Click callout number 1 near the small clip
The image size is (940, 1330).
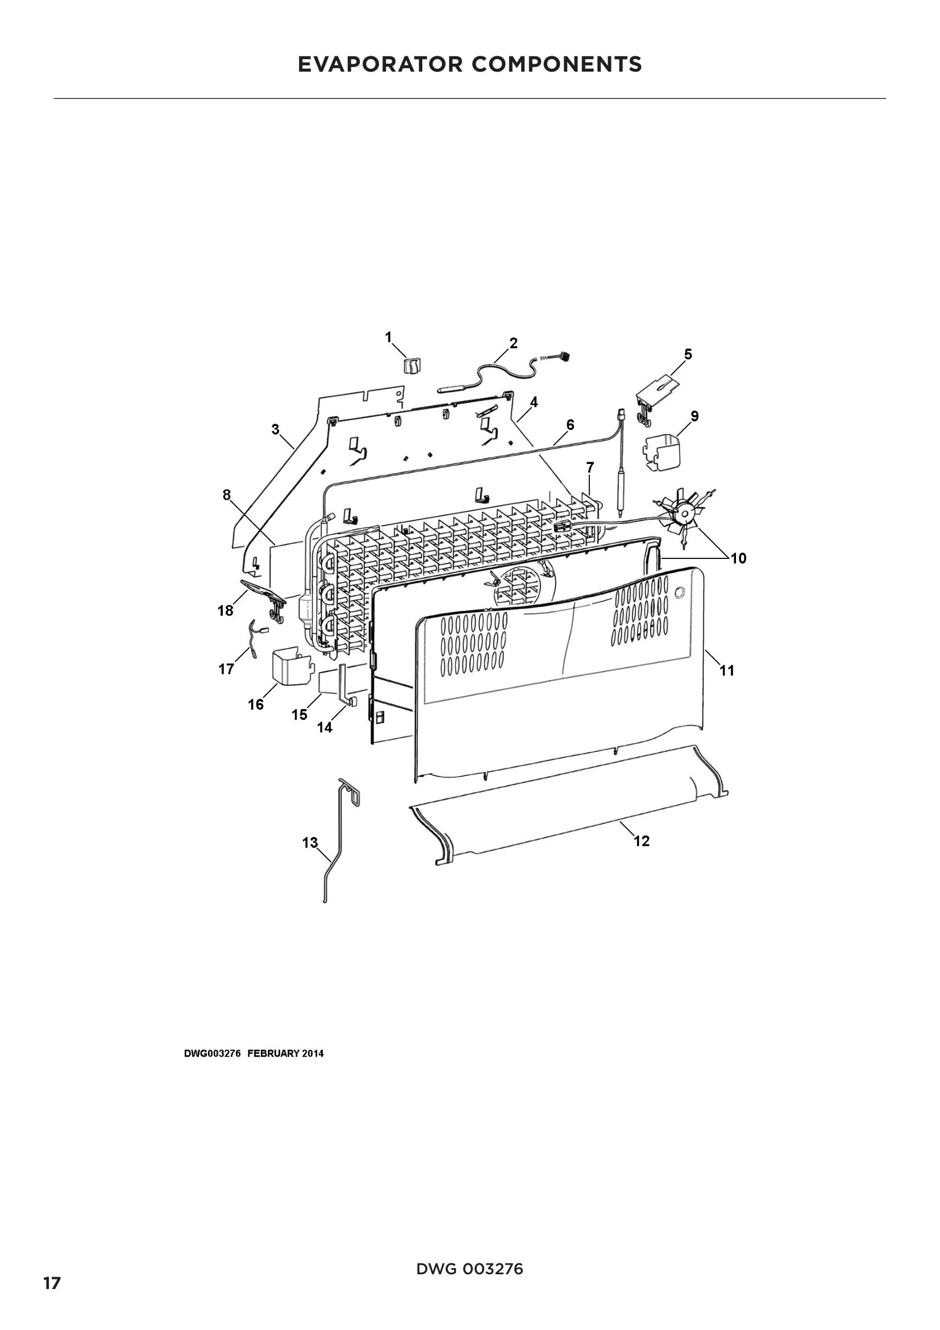[388, 337]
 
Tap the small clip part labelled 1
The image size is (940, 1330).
[411, 366]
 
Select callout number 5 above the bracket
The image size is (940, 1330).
[688, 354]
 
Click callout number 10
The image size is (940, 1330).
[738, 558]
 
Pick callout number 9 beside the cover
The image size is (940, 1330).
[694, 416]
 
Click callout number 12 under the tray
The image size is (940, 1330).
[641, 840]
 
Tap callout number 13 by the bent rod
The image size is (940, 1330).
[310, 842]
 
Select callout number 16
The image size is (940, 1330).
[256, 705]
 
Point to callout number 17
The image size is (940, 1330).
[226, 669]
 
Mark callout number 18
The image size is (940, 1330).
[225, 610]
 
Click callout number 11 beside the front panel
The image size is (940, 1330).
[726, 670]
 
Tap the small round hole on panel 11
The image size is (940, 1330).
[680, 592]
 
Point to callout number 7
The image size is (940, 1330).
[590, 467]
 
